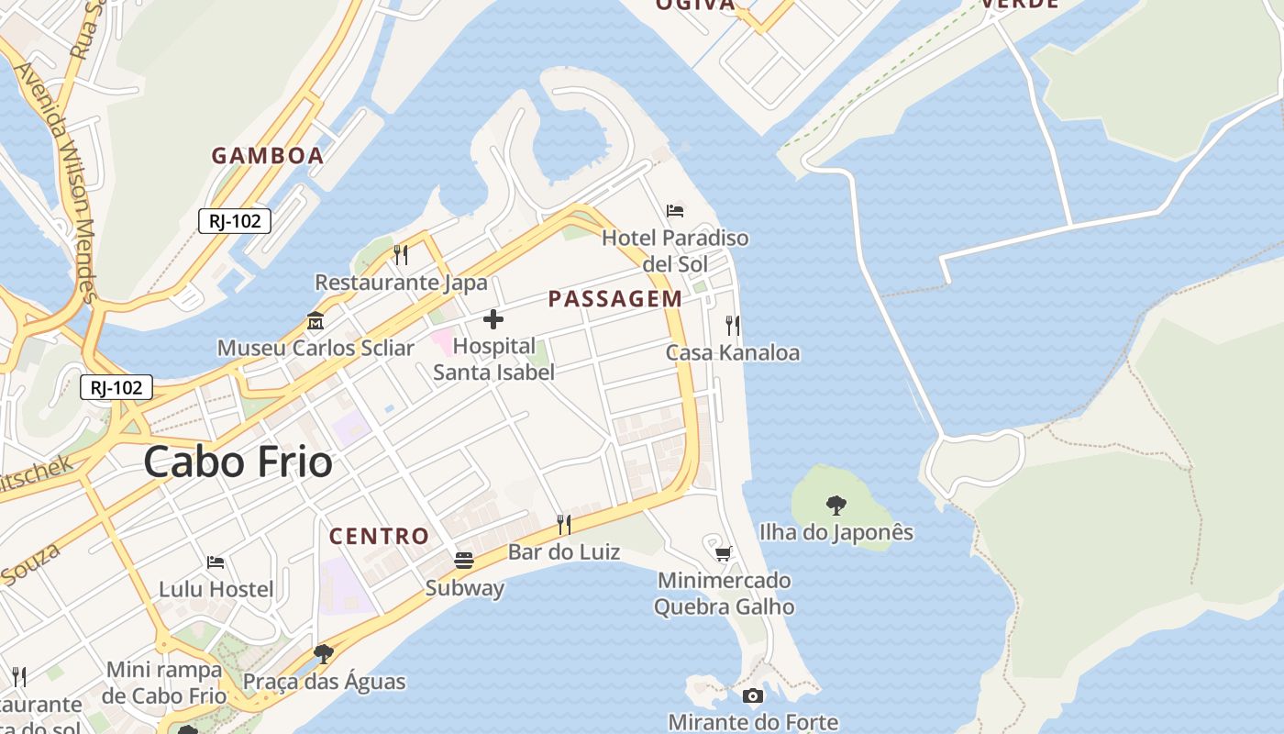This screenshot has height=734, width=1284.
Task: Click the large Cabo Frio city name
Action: coord(238,462)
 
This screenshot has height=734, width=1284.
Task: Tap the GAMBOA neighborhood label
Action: coord(268,156)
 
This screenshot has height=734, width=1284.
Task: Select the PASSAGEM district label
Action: coord(615,299)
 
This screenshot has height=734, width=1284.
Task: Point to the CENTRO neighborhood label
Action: coord(379,537)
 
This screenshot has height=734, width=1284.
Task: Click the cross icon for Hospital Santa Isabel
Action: coord(493,319)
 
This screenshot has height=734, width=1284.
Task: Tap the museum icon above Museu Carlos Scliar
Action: coord(315,321)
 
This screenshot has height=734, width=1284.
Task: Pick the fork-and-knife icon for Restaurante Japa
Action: coord(401,254)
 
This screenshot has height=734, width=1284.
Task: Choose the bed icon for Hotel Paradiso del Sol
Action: coord(675,211)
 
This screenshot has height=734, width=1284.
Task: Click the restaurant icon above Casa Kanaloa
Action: coord(732,325)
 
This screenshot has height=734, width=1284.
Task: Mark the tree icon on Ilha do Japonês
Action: coord(836,505)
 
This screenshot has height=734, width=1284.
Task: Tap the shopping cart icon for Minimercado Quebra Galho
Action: coord(724,553)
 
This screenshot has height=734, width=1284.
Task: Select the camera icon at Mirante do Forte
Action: coord(753,695)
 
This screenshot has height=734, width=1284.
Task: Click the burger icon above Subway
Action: coord(464,561)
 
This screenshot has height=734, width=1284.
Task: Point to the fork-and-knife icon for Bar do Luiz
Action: coord(564,524)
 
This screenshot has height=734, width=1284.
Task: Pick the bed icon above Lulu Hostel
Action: coord(216,562)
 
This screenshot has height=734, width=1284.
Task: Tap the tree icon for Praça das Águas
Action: coord(323,653)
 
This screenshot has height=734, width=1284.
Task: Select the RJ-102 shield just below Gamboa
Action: coord(235,220)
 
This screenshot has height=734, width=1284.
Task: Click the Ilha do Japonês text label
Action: coord(836,532)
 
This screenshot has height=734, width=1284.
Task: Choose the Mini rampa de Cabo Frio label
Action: coord(165,683)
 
